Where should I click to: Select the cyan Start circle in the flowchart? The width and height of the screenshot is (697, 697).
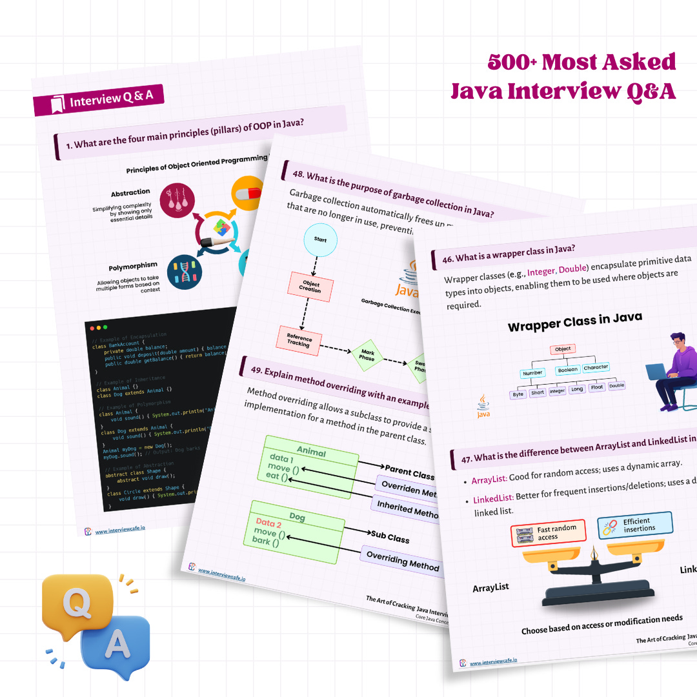click(x=320, y=239)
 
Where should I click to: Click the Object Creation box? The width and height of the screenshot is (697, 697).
click(x=311, y=287)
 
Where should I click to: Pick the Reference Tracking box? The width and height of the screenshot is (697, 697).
click(x=299, y=341)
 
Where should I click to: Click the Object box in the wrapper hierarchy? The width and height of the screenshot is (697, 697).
click(x=563, y=349)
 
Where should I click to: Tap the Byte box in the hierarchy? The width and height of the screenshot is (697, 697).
click(x=518, y=394)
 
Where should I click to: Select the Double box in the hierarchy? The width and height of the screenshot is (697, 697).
click(x=616, y=385)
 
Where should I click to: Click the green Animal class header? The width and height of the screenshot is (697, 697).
click(x=311, y=451)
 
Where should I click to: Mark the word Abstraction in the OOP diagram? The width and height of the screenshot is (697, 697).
click(x=130, y=192)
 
